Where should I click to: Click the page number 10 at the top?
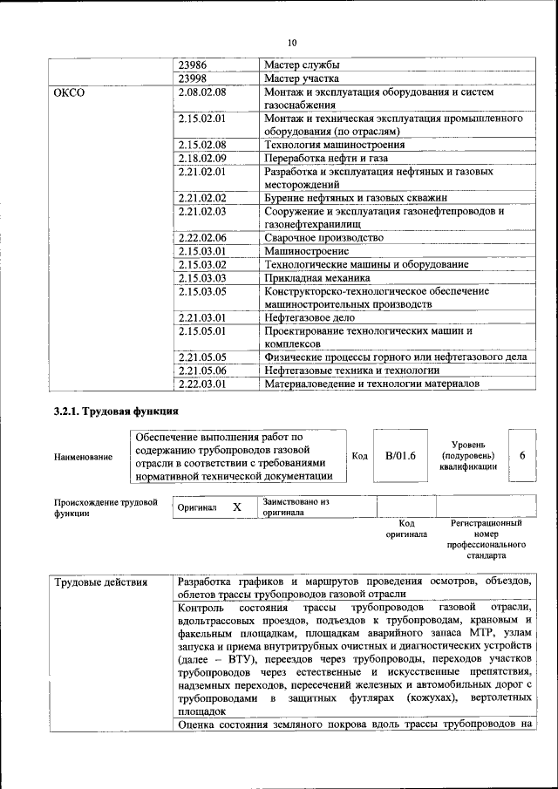coord(291,42)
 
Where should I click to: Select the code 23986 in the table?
coord(194,65)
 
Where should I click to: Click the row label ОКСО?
coord(70,92)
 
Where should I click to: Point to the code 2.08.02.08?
coord(201,92)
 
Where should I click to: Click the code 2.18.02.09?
coord(201,158)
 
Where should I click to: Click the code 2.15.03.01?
coord(201,251)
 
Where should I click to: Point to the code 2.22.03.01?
coord(201,383)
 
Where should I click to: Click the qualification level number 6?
coord(521,455)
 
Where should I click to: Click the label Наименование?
coord(84,456)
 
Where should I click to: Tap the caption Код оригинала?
coord(406,529)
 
